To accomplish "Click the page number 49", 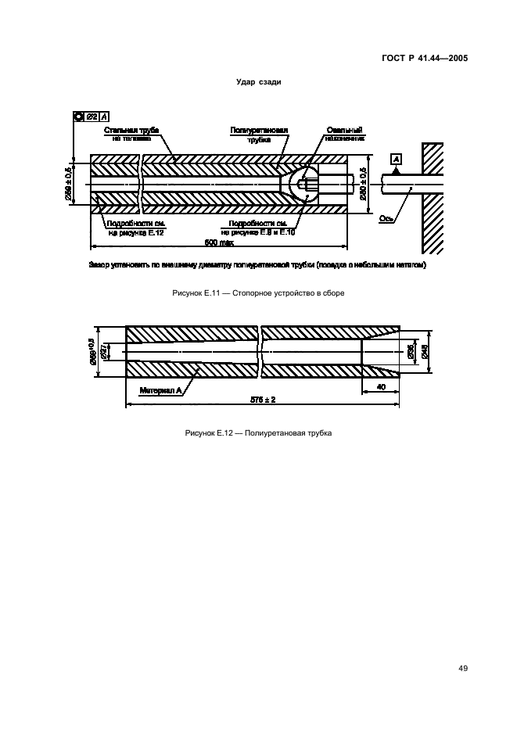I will [463, 669].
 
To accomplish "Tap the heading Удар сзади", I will [258, 82].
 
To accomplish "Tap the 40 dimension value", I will [380, 386].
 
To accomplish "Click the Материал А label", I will [160, 389].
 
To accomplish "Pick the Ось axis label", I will [386, 219].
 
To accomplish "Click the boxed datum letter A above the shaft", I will [396, 160].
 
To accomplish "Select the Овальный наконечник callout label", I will [342, 133].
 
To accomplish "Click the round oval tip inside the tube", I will [300, 185].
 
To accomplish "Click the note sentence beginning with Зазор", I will [257, 266].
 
